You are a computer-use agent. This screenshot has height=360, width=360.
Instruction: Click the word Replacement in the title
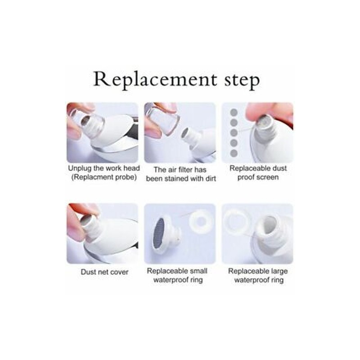point(155,80)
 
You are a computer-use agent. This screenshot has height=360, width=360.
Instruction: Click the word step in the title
point(242,81)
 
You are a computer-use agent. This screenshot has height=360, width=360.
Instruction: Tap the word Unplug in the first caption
point(80,168)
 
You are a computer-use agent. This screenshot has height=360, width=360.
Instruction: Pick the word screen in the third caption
point(268,177)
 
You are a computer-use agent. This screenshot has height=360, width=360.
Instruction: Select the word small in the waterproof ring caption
point(198,271)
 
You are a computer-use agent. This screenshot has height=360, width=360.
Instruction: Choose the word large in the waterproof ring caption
point(279,271)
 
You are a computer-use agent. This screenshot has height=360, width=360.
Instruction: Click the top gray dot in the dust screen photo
point(234,112)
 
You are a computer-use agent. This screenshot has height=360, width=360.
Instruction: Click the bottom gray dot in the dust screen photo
point(234,153)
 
